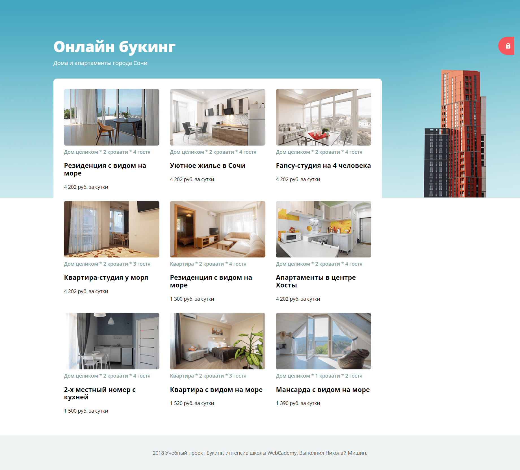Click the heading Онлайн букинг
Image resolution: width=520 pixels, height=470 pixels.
(114, 47)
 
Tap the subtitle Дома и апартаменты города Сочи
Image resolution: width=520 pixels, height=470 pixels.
(100, 63)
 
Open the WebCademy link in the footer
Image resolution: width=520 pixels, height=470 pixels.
(282, 453)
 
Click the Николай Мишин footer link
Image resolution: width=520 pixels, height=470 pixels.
(346, 453)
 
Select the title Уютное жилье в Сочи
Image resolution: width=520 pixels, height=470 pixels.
(208, 166)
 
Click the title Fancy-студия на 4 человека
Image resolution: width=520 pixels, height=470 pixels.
(323, 166)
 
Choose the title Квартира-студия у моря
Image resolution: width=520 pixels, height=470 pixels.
(106, 278)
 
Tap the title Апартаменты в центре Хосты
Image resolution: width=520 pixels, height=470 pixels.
(316, 281)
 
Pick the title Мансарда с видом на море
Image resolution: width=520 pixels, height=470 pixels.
(323, 390)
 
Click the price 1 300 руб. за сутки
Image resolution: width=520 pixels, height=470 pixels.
(192, 299)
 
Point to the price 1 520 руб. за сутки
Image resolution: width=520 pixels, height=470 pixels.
(192, 403)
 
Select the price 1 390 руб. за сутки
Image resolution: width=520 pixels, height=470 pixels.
(298, 403)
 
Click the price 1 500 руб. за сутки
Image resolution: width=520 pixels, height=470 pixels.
(86, 411)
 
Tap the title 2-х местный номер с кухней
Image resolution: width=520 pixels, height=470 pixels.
(100, 393)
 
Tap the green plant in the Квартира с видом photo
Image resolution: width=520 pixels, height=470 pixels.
(251, 348)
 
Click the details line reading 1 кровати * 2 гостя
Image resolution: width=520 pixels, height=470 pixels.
(339, 376)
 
